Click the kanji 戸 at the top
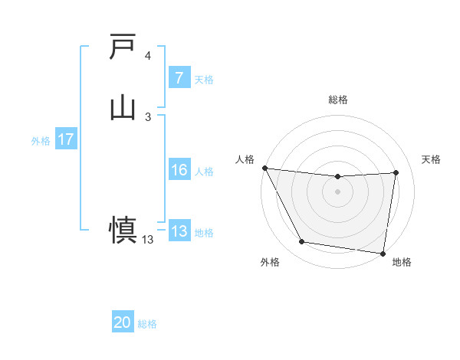(123, 47)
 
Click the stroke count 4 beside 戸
(148, 56)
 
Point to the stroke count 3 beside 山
(148, 116)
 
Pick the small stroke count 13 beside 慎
(148, 240)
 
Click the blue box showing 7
(179, 78)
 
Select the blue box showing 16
(179, 171)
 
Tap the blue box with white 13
(179, 232)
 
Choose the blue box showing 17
(65, 140)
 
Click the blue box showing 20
(123, 323)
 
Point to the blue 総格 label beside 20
(147, 324)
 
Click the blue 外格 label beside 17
(41, 141)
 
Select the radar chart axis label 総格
(338, 100)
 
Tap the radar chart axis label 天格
(432, 159)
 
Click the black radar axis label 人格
(245, 159)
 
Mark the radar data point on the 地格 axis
(383, 253)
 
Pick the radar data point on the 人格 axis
(264, 168)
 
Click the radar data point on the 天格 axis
(396, 172)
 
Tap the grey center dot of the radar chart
(338, 191)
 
